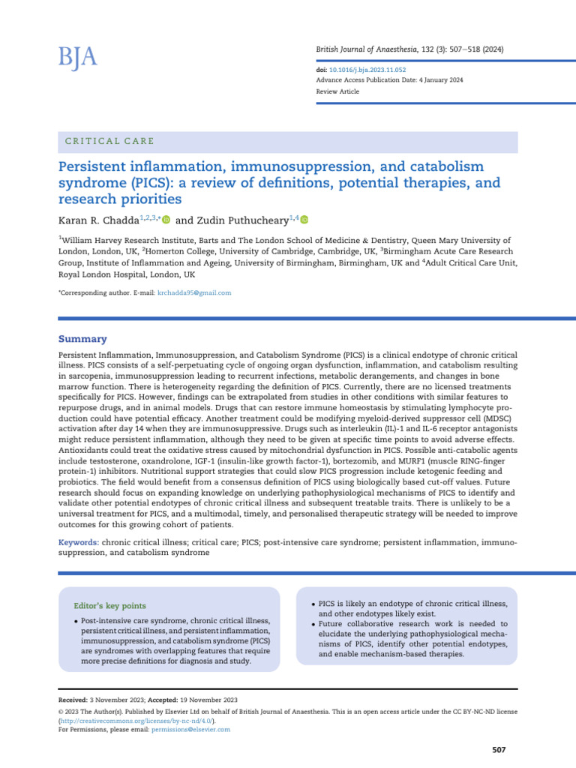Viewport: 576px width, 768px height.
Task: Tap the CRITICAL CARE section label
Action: coord(110,141)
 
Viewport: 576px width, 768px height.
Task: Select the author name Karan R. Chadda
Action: coord(97,220)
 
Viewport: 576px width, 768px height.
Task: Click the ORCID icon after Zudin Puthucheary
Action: coord(305,220)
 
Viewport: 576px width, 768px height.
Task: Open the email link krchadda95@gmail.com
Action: coord(193,292)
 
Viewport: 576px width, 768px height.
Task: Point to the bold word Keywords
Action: coord(78,541)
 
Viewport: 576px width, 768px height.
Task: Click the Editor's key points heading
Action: coord(110,605)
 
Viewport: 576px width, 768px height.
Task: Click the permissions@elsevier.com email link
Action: coord(190,729)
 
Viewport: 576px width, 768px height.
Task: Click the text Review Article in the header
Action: coord(337,91)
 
